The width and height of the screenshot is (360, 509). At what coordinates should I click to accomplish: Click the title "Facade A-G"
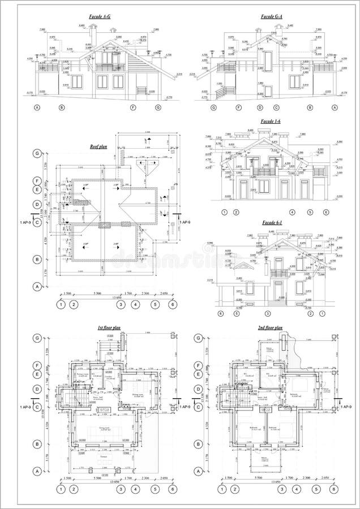click(100, 18)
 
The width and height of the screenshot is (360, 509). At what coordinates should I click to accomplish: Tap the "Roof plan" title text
click(98, 146)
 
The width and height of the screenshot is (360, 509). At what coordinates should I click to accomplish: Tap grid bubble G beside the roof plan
click(38, 153)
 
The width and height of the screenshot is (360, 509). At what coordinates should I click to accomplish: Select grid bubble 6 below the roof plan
click(172, 305)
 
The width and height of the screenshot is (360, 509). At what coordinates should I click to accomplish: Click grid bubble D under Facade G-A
click(260, 107)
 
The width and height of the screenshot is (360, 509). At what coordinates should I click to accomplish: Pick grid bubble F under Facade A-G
click(134, 107)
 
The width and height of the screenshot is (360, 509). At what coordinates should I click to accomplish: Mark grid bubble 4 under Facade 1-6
click(292, 212)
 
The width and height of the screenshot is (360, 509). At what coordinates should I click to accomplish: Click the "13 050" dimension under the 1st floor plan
click(115, 482)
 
